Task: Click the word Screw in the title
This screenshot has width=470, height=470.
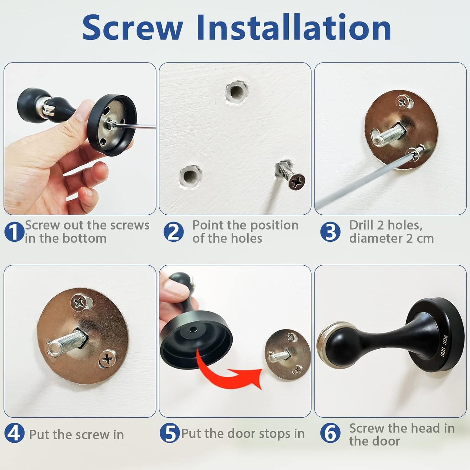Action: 132,28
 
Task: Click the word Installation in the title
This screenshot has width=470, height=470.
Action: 293,28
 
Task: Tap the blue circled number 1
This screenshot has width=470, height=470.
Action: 14,232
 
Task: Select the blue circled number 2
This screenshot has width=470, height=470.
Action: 173,232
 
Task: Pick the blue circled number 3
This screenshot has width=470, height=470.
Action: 330,232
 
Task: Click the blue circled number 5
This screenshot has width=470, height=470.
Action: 169,434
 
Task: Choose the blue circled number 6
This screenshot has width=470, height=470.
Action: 330,434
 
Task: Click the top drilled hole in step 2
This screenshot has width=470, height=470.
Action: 236,91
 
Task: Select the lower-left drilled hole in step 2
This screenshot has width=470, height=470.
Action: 190,176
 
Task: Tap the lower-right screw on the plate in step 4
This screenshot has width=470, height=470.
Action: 107,359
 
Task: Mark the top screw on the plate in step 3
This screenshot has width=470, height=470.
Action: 403,102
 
